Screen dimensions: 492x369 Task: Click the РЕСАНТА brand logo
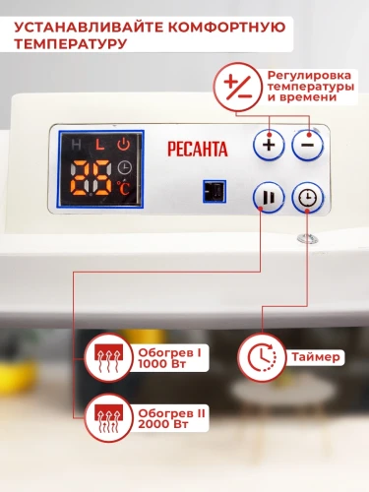click(x=198, y=150)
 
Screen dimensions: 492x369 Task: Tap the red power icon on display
click(x=123, y=146)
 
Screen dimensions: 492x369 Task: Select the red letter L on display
click(x=100, y=146)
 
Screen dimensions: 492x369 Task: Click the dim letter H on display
click(x=79, y=146)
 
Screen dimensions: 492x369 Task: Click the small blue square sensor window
click(x=210, y=190)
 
